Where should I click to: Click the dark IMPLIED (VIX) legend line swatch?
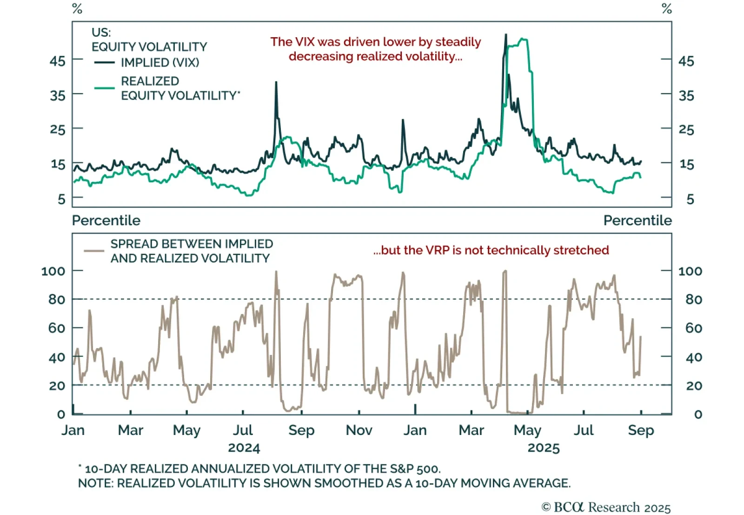click(104, 62)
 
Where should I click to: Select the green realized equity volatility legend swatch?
click(104, 87)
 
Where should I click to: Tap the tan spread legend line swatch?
click(93, 251)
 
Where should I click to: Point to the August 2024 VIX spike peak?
click(276, 82)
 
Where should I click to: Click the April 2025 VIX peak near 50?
click(506, 35)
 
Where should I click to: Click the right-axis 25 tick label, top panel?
click(686, 129)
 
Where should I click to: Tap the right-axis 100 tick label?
click(690, 271)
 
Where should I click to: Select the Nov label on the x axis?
click(359, 430)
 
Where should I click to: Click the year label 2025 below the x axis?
click(544, 448)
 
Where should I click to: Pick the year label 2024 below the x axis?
click(244, 448)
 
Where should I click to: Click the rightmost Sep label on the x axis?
click(641, 430)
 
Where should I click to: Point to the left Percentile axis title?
click(106, 220)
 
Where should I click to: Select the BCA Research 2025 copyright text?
click(606, 507)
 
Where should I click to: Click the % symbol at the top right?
click(667, 8)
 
